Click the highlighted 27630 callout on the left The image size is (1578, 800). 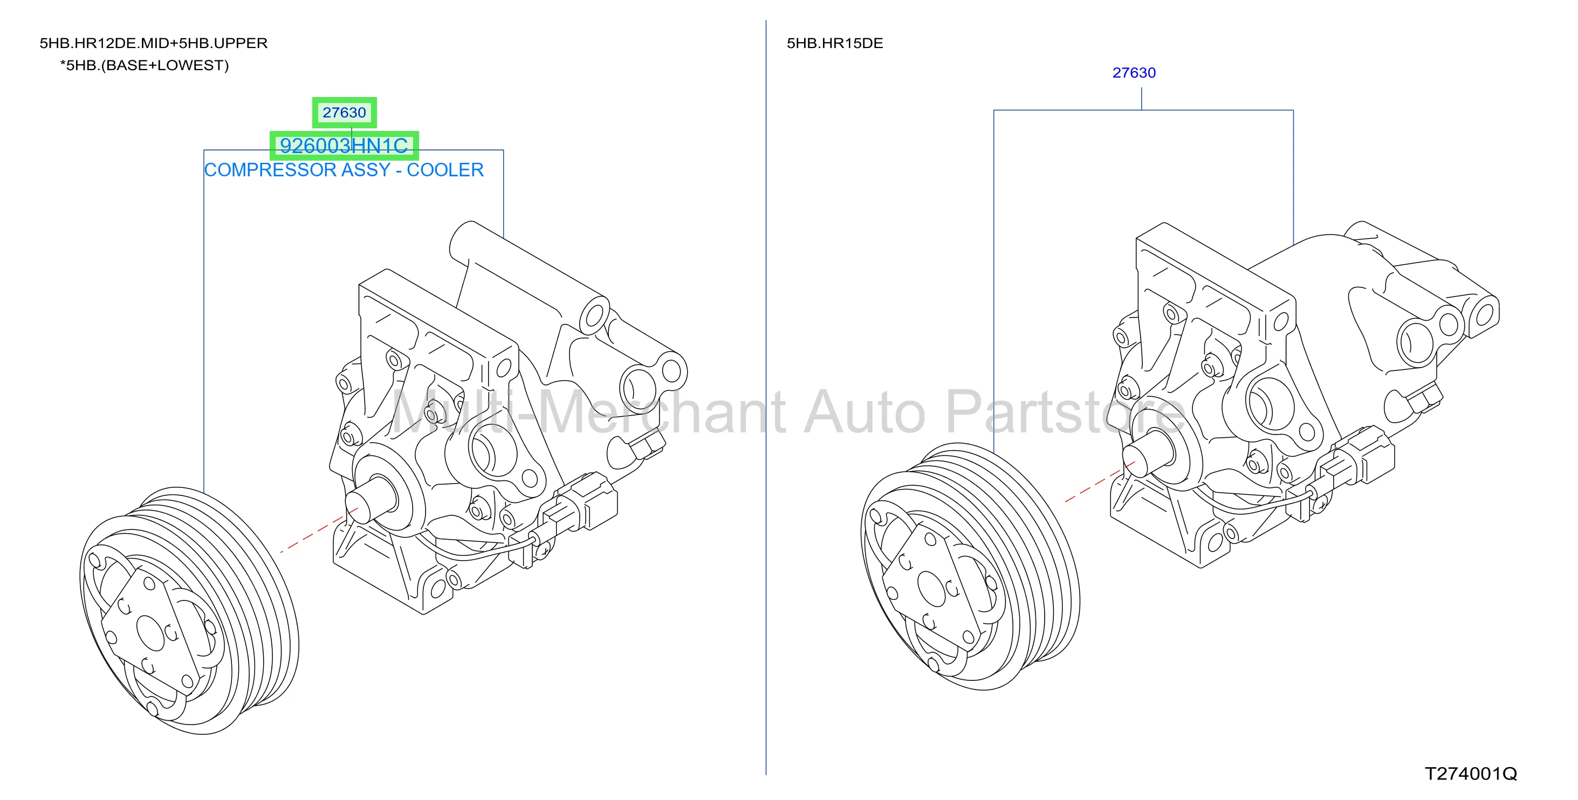click(x=344, y=113)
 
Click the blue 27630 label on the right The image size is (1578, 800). click(x=1134, y=73)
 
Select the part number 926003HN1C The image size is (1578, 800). click(x=344, y=146)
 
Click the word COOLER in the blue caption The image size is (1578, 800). click(x=445, y=170)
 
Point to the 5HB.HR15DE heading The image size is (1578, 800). click(x=835, y=44)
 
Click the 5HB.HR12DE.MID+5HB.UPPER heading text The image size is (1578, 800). click(x=154, y=44)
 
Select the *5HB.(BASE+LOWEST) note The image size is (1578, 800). click(x=145, y=66)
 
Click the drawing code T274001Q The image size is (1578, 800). click(x=1471, y=774)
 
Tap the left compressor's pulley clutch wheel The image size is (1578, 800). click(x=189, y=611)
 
